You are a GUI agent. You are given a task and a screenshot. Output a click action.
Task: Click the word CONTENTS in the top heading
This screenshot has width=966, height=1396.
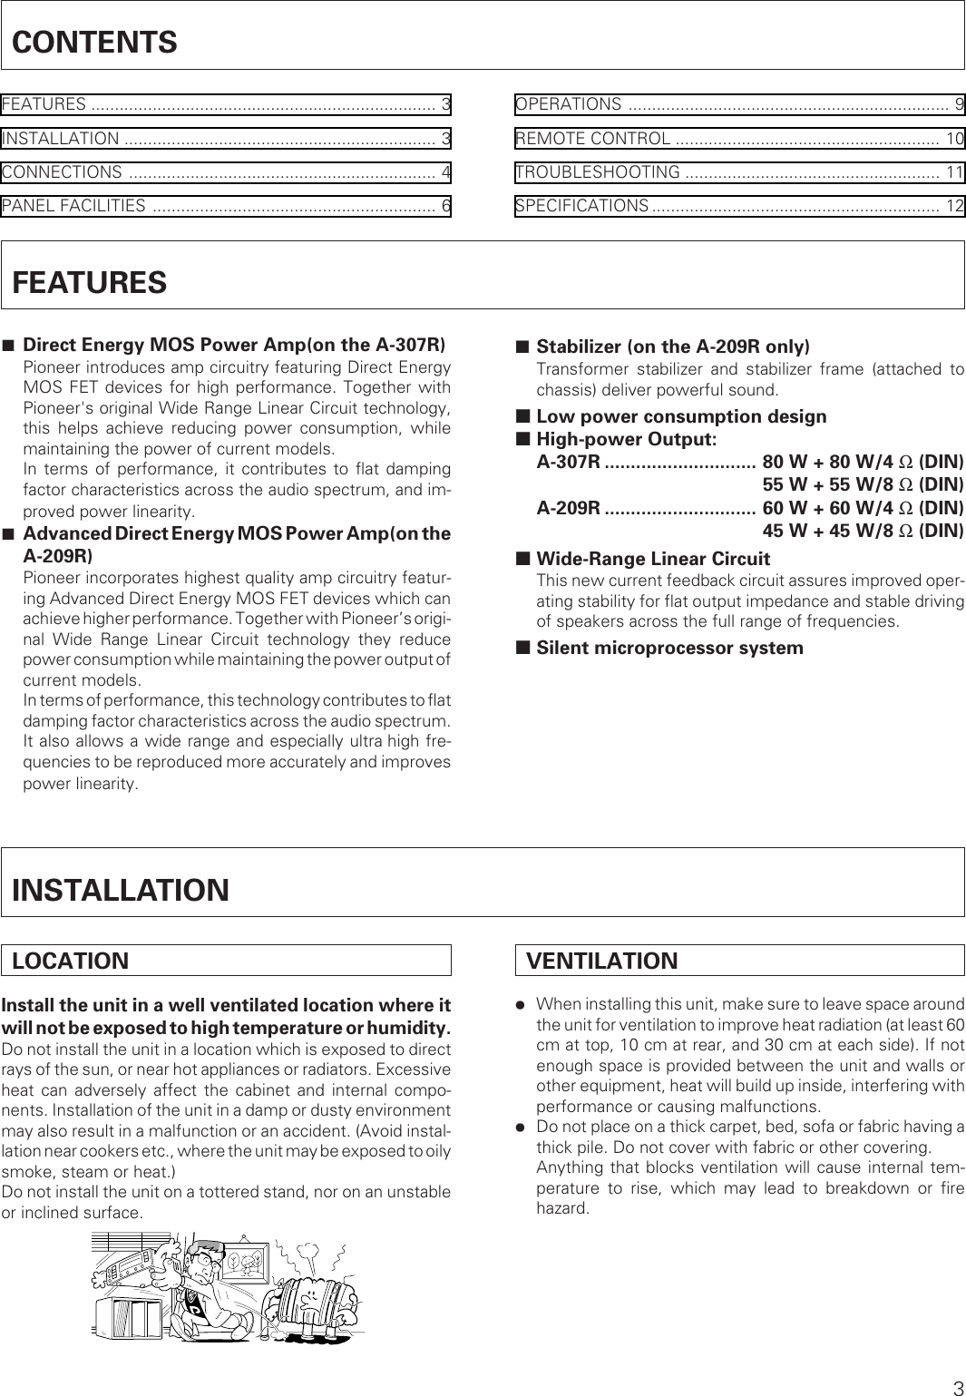coord(94,43)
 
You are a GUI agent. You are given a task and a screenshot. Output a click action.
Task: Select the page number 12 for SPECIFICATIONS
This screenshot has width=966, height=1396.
coord(954,207)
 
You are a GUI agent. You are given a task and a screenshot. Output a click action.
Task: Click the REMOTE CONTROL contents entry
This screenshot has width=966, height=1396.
coord(593,139)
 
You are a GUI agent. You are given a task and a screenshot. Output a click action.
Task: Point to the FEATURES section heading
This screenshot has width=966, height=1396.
coord(90,282)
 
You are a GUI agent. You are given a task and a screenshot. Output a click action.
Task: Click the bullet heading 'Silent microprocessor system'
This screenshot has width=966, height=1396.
coord(669,648)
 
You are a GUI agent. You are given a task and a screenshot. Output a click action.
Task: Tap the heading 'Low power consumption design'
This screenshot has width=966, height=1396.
coord(681,417)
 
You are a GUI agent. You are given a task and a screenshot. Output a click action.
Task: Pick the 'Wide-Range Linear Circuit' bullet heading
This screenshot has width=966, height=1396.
coord(653,559)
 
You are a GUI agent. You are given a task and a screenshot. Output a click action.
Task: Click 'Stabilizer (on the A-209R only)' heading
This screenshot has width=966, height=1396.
coord(673,347)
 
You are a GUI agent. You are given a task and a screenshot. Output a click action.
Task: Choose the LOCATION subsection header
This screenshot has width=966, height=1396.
coord(71,961)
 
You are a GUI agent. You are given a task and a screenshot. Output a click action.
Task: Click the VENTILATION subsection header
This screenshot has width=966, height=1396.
coord(602,961)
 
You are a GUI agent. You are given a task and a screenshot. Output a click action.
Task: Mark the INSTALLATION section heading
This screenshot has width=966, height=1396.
coord(121,890)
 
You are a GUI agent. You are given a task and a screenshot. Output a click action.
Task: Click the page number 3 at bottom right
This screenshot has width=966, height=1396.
coord(957,1387)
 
